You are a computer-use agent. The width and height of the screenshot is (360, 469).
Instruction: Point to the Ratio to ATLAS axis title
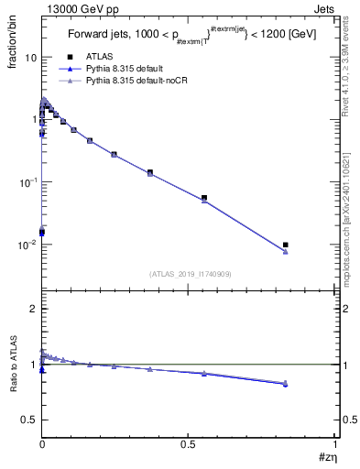[14, 366]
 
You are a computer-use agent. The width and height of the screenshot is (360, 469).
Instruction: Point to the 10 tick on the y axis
[30, 57]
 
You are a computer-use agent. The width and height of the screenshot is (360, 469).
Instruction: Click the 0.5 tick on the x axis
[189, 442]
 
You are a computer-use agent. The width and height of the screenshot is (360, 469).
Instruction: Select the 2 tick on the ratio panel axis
[33, 310]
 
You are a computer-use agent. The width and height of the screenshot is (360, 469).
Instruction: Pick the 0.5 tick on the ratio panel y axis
[29, 420]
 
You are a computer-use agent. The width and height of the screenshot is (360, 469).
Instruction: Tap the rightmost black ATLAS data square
[286, 245]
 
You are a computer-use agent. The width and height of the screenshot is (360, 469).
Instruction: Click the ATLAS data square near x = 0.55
[204, 197]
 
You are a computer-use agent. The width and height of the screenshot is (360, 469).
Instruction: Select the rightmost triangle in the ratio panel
[286, 383]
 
